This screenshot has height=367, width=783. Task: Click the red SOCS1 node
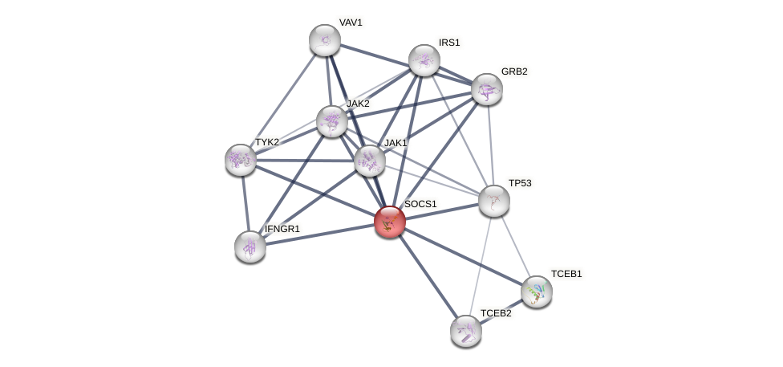tap(390, 222)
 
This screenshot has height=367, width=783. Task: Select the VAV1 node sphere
tap(325, 40)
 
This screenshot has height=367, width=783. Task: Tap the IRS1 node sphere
tap(424, 60)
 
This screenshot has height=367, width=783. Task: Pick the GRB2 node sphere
tap(486, 89)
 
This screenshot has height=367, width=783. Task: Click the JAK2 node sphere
tap(331, 121)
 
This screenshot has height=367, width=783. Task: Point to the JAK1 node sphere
tap(370, 161)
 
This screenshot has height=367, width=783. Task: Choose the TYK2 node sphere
tap(241, 160)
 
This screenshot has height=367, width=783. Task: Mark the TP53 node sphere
tap(494, 201)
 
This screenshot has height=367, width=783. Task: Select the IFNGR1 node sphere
tap(250, 247)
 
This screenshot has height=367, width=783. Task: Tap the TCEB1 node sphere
tap(537, 292)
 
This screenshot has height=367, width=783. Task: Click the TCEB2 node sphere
tap(466, 330)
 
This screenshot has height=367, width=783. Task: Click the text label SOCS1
tap(420, 204)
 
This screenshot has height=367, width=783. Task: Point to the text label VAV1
tap(351, 22)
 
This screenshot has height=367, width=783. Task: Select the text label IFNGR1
tap(282, 229)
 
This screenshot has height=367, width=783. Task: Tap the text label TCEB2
tap(496, 313)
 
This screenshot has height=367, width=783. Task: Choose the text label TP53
tap(520, 183)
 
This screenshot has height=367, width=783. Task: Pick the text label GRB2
tap(514, 71)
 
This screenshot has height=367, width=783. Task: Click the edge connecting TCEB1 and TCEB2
tap(501, 311)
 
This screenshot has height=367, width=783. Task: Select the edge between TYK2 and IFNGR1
tap(245, 203)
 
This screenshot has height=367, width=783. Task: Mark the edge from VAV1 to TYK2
tap(282, 100)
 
